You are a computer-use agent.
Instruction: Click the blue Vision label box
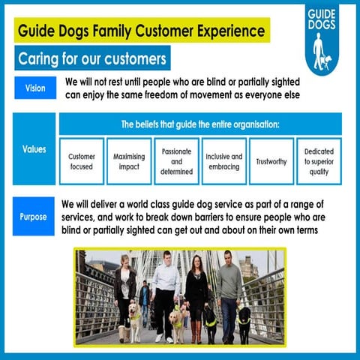click(x=34, y=88)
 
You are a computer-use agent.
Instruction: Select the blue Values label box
click(x=34, y=148)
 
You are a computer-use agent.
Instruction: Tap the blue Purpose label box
click(x=34, y=217)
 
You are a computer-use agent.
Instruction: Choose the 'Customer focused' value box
click(x=81, y=161)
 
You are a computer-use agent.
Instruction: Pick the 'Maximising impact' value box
click(x=128, y=161)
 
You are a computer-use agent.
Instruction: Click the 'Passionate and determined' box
click(x=176, y=161)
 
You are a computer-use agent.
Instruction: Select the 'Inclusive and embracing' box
click(x=223, y=161)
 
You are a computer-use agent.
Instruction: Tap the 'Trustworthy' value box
click(x=271, y=161)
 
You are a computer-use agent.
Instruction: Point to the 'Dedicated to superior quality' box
click(x=319, y=161)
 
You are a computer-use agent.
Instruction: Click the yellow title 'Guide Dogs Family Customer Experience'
click(x=141, y=31)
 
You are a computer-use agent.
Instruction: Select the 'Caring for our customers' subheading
click(x=92, y=58)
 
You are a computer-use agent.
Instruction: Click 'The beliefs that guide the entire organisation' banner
click(x=200, y=124)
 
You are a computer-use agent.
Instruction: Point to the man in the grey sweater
click(x=229, y=292)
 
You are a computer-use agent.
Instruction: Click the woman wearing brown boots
click(x=197, y=296)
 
